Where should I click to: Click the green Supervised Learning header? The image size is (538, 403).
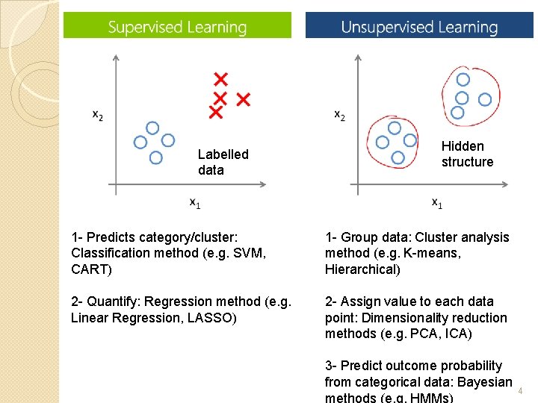pos(177,27)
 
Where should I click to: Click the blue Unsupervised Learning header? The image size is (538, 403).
pos(419,27)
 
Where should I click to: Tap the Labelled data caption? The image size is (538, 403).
pos(223,162)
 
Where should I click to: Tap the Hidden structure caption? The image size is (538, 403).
pos(467,154)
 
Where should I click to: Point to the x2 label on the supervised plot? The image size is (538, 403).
pos(98,114)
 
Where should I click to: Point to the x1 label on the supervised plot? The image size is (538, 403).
pos(194,201)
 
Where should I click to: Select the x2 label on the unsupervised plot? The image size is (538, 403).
pos(339,114)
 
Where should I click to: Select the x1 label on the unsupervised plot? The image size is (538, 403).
pos(437,201)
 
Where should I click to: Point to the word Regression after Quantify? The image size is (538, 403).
pos(176,302)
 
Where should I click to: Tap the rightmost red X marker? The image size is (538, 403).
pos(243,99)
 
